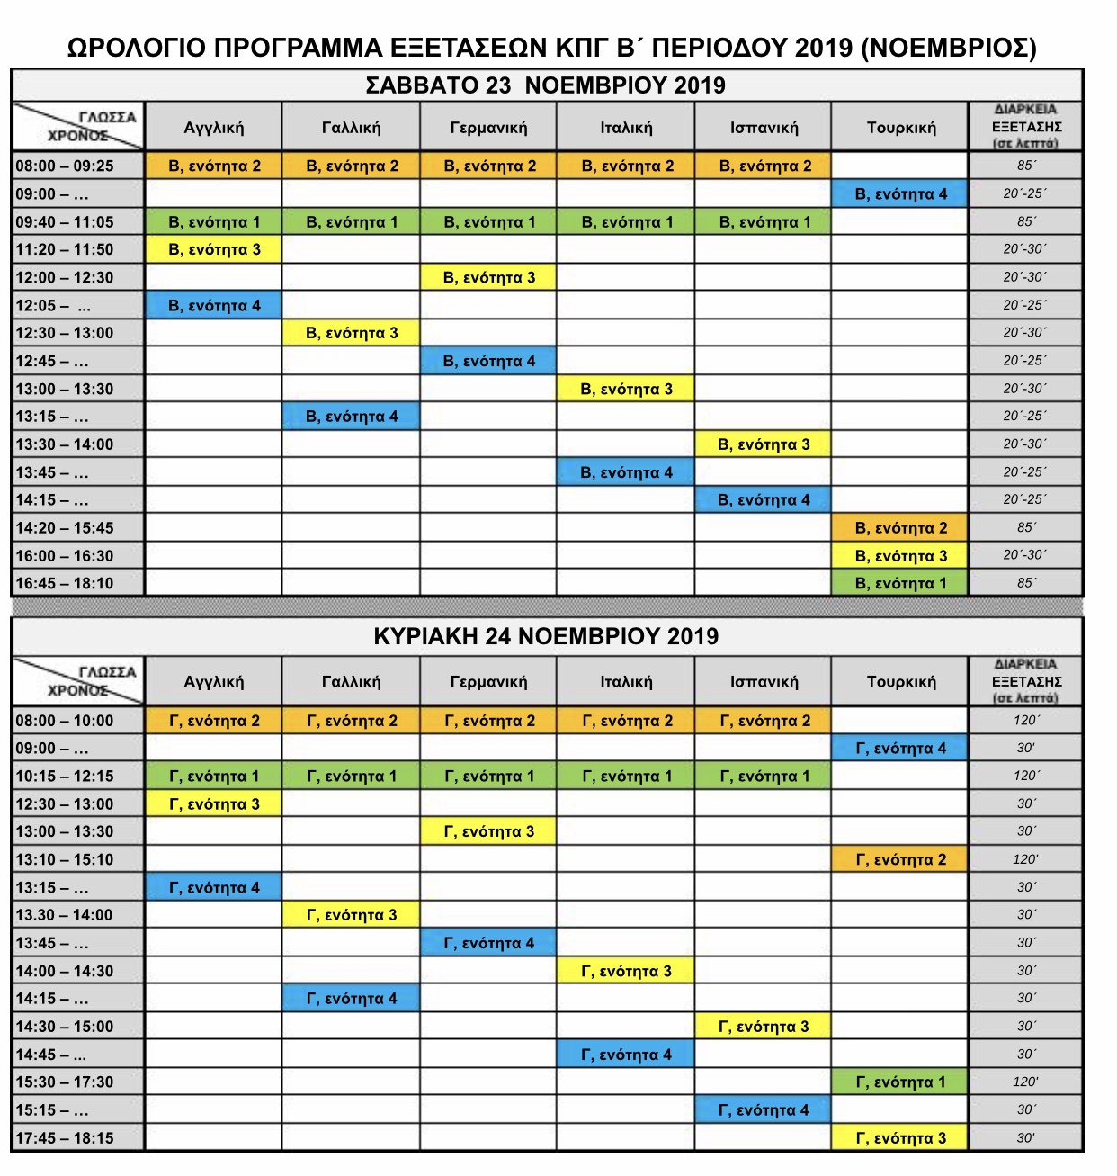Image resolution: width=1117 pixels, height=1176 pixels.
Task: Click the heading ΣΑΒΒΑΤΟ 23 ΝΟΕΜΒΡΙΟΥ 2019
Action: click(545, 85)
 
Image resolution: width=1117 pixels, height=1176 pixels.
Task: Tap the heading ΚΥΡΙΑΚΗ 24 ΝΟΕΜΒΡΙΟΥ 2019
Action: click(546, 636)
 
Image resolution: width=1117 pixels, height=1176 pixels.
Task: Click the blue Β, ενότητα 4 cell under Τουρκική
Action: click(900, 194)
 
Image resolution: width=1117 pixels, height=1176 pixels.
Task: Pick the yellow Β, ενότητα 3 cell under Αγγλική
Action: click(214, 249)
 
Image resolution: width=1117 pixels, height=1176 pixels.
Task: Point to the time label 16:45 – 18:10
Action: click(65, 583)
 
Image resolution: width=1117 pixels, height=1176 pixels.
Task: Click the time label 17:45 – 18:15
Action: click(65, 1138)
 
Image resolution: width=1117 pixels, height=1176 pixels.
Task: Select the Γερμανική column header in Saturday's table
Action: click(488, 128)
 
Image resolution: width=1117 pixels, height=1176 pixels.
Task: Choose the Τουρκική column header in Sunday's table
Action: click(900, 682)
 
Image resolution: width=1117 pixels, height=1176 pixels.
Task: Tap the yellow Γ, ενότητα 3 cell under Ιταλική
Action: click(626, 971)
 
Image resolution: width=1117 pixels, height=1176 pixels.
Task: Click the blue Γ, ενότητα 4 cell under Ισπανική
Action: click(764, 1110)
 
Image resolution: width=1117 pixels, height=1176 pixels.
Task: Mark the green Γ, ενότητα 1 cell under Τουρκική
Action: click(900, 1082)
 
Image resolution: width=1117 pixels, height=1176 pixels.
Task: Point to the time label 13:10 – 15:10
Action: click(65, 859)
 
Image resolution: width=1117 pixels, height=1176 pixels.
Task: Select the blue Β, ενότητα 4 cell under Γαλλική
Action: click(352, 417)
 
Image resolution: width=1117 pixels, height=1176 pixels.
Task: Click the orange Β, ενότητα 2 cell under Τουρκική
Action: click(900, 528)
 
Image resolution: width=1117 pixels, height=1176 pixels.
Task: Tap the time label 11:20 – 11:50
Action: click(65, 249)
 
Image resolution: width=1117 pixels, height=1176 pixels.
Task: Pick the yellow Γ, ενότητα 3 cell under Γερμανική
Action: click(488, 831)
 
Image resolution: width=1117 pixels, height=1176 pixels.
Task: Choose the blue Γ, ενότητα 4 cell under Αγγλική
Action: click(214, 887)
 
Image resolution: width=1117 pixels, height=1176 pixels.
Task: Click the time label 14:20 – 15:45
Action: click(65, 528)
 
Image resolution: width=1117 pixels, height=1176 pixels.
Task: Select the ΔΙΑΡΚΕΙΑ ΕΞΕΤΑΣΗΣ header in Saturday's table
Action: click(1026, 127)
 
